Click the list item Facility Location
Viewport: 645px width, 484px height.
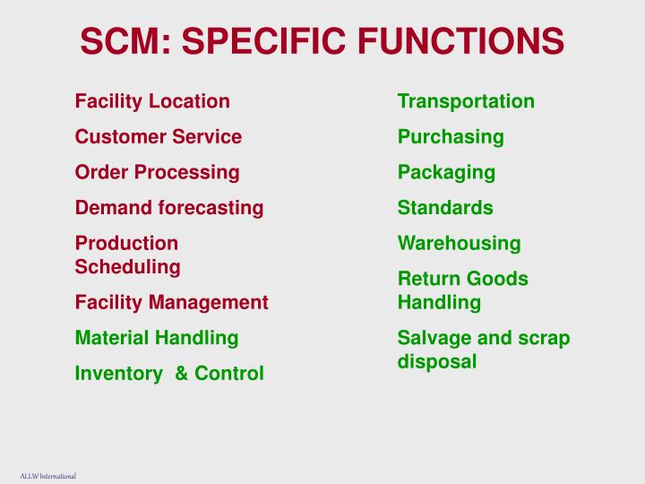[x=152, y=101]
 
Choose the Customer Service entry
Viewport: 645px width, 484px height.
[x=159, y=137]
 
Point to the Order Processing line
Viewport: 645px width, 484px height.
[x=158, y=172]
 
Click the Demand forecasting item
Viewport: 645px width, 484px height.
[x=169, y=208]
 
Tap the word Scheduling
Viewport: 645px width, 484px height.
[x=128, y=266]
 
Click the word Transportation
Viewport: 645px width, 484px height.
[x=466, y=101]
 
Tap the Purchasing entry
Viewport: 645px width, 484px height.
[x=451, y=137]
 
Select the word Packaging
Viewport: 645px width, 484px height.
[x=446, y=172]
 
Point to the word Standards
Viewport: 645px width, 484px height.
[x=445, y=208]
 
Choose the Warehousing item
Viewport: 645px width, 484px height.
[x=459, y=243]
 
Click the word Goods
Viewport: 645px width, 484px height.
[x=499, y=279]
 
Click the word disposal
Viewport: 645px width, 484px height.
[x=437, y=361]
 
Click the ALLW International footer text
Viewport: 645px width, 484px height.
[x=48, y=476]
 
